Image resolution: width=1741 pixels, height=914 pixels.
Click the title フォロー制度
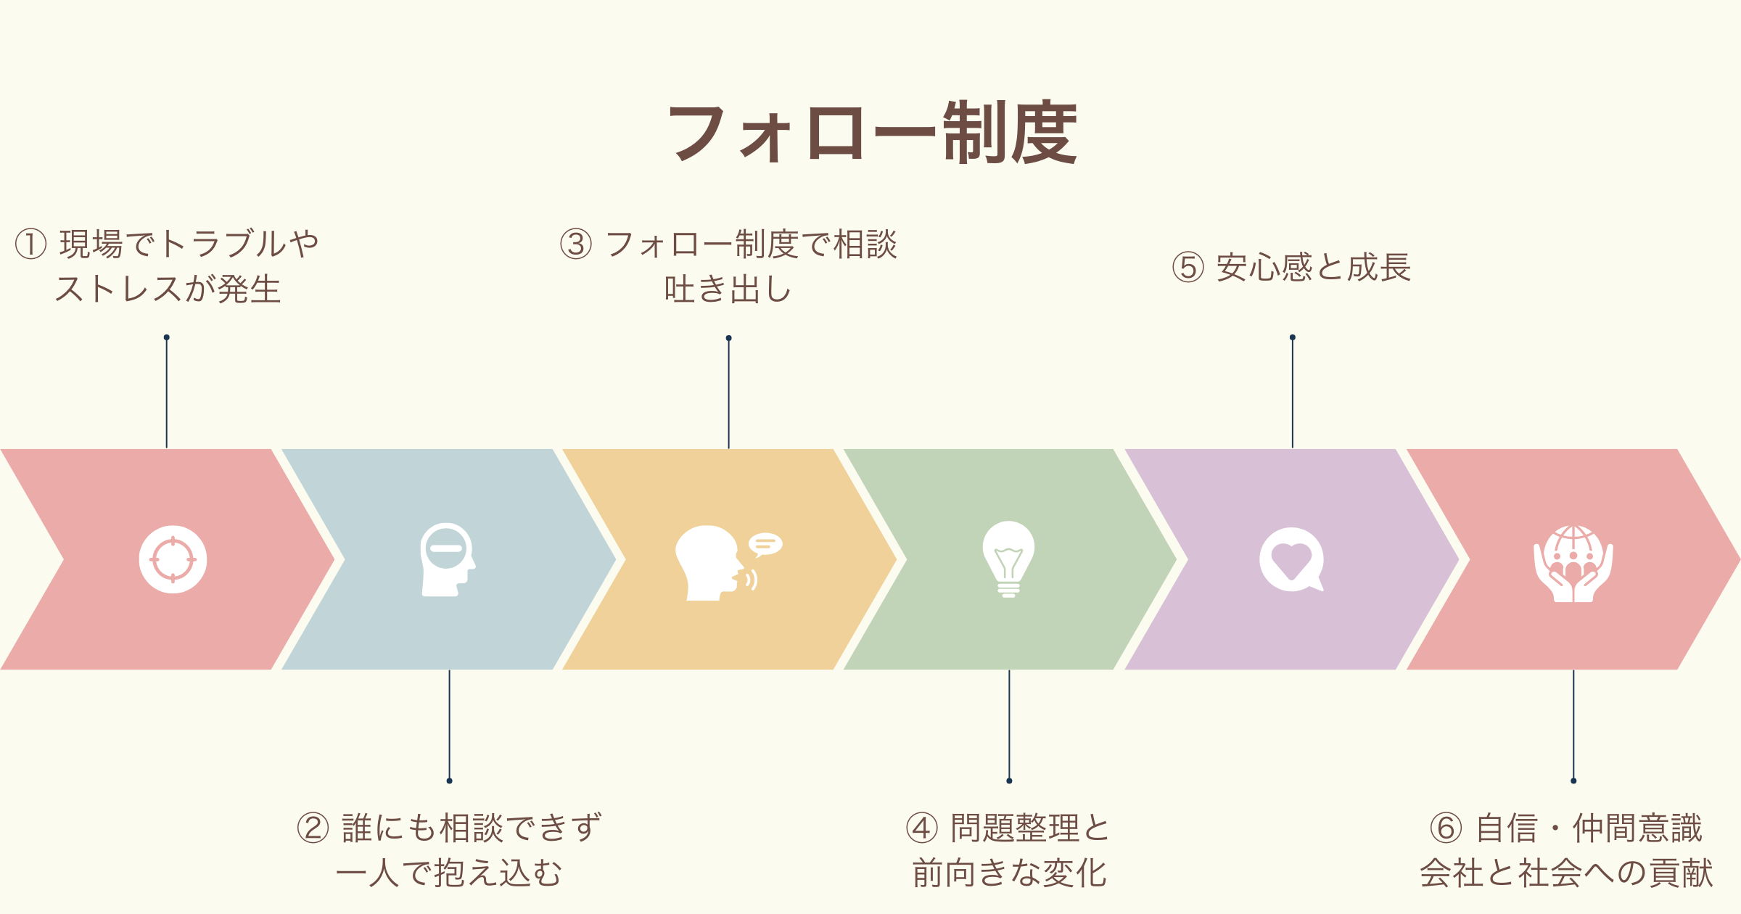pyautogui.click(x=872, y=133)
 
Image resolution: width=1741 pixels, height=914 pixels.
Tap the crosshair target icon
pyautogui.click(x=173, y=559)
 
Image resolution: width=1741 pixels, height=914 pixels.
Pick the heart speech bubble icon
pyautogui.click(x=1291, y=559)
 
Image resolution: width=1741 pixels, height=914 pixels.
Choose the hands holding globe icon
pyautogui.click(x=1573, y=563)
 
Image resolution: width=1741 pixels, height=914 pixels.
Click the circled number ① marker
pyautogui.click(x=31, y=244)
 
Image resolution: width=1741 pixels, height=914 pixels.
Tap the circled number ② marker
pyautogui.click(x=313, y=828)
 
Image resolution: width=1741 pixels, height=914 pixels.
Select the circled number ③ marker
pyautogui.click(x=577, y=244)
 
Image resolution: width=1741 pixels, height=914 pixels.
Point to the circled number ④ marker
pyautogui.click(x=922, y=828)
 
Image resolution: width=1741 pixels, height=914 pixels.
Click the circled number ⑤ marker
pyautogui.click(x=1188, y=267)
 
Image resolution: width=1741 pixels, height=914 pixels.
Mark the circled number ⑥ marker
pyautogui.click(x=1446, y=828)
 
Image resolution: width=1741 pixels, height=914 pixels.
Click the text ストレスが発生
pyautogui.click(x=168, y=289)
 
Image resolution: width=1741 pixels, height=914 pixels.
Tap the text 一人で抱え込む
pyautogui.click(x=449, y=873)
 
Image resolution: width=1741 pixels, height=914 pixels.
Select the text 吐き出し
pyautogui.click(x=728, y=289)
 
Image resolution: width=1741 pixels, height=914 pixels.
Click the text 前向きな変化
pyautogui.click(x=1009, y=873)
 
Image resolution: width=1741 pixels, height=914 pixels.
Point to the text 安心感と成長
pyautogui.click(x=1314, y=267)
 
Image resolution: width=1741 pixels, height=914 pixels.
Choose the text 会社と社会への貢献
pyautogui.click(x=1566, y=873)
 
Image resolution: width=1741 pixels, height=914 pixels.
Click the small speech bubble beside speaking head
pyautogui.click(x=765, y=543)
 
